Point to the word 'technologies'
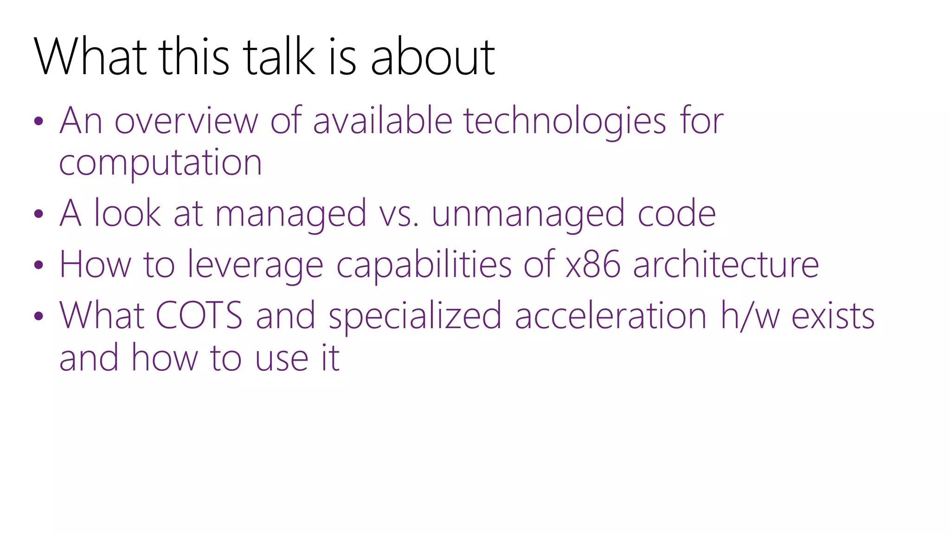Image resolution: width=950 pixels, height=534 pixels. [565, 121]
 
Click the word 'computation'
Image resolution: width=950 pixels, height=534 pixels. [160, 163]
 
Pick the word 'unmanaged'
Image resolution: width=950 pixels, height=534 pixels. [528, 214]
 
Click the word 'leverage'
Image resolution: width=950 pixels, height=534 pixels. [255, 265]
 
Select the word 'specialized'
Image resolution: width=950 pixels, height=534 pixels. [415, 316]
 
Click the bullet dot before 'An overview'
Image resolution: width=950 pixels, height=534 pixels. [39, 121]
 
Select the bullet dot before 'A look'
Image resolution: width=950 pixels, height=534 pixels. [39, 214]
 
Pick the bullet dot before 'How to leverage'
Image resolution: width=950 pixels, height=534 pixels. [39, 265]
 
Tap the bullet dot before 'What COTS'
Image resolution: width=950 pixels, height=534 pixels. [39, 316]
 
